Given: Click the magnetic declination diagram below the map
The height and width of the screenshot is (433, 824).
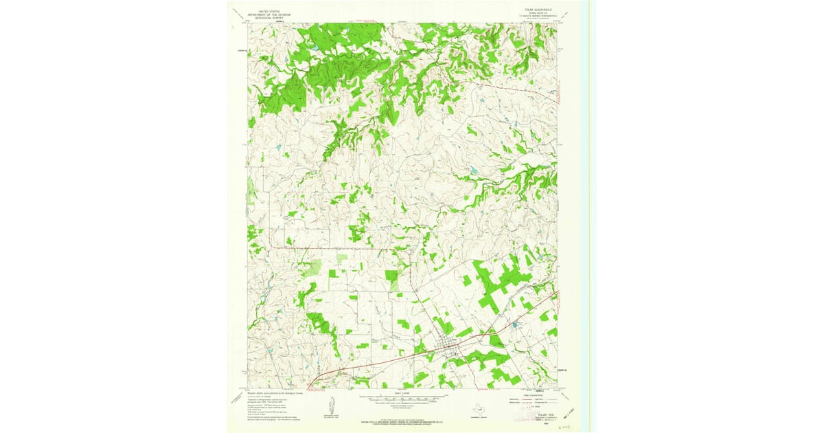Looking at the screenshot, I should (330, 406).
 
